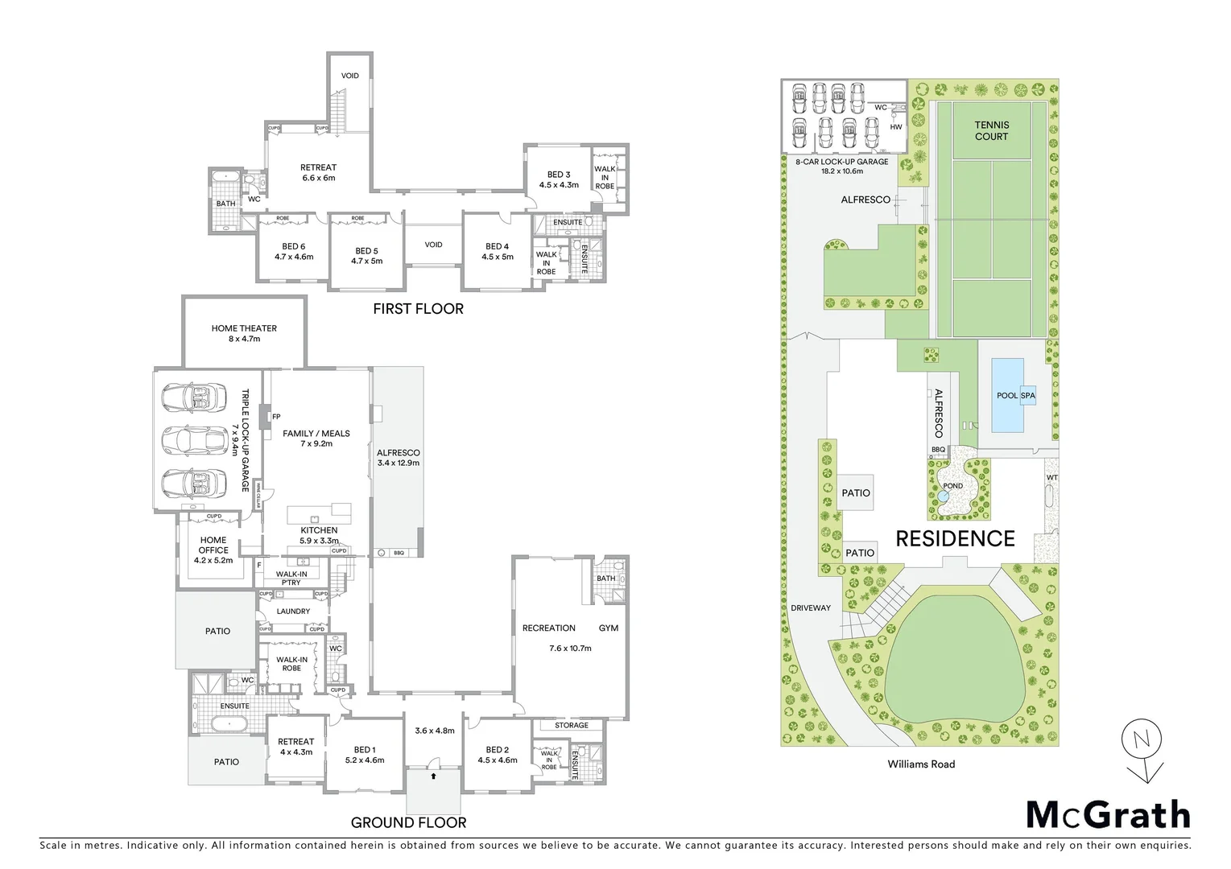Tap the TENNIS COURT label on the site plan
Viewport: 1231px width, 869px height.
coord(991,130)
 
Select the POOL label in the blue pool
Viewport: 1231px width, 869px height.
coord(1006,396)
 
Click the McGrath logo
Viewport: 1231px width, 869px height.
coord(1108,814)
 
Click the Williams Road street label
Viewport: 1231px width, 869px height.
coord(921,764)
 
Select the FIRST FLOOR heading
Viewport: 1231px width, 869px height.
coord(418,308)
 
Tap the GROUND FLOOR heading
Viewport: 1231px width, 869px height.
coord(408,822)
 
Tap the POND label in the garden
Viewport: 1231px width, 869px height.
coord(952,486)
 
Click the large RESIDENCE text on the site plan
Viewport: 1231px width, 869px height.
coord(955,538)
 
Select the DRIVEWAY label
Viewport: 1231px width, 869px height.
coord(810,607)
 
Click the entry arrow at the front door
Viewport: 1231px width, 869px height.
coord(434,776)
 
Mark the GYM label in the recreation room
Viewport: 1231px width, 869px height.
coord(608,628)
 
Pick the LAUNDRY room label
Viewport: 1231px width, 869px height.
coord(293,611)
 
